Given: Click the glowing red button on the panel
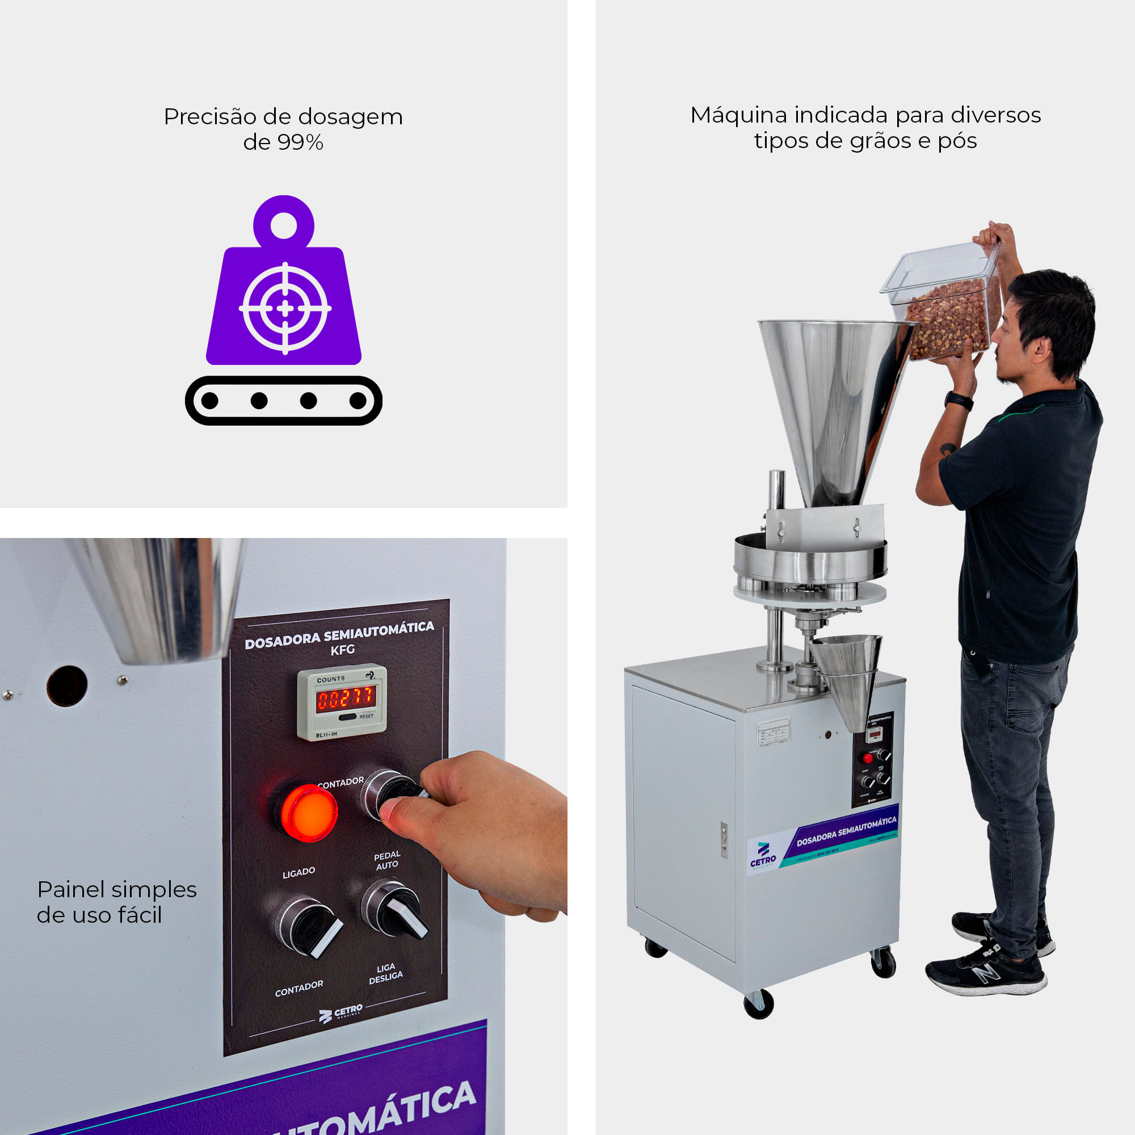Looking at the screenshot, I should click(x=308, y=813).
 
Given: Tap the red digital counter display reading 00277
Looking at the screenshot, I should click(x=346, y=699).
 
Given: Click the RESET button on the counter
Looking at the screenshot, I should click(x=349, y=717).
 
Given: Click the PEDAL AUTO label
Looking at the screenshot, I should click(x=386, y=860).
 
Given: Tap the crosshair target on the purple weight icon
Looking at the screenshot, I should click(x=285, y=308).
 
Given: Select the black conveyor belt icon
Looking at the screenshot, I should click(x=284, y=401).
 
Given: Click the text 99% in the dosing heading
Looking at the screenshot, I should click(x=300, y=143).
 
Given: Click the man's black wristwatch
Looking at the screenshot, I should click(x=958, y=401).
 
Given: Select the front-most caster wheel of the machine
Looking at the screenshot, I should click(x=758, y=1003).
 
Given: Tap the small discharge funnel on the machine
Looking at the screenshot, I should click(x=846, y=675).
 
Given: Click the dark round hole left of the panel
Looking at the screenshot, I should click(x=67, y=686).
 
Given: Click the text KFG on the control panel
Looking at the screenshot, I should click(x=343, y=650).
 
